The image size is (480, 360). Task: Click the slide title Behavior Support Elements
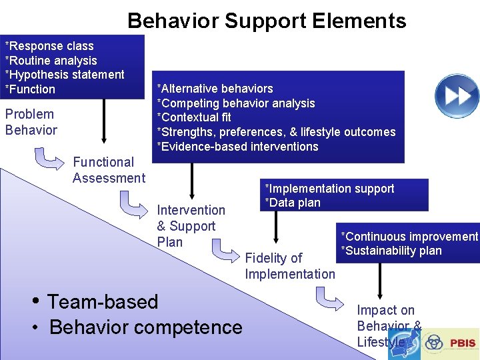[267, 21]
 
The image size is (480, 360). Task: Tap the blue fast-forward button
[457, 96]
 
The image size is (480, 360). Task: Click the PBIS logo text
[462, 343]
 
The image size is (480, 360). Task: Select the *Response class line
[49, 46]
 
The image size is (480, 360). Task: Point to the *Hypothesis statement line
[65, 75]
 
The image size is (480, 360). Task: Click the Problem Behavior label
[31, 122]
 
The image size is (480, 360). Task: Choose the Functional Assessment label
[108, 170]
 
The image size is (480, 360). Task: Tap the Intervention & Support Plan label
[190, 226]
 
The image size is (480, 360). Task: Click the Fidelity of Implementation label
[289, 266]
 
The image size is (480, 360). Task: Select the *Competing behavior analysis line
[235, 103]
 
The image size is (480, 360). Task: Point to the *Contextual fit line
[193, 118]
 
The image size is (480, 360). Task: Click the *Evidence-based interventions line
[237, 147]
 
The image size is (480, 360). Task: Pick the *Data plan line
[293, 203]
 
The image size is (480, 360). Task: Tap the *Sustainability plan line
[391, 251]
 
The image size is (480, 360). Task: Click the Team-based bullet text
[103, 301]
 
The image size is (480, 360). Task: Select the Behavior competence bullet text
[145, 327]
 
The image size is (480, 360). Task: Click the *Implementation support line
[329, 189]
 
